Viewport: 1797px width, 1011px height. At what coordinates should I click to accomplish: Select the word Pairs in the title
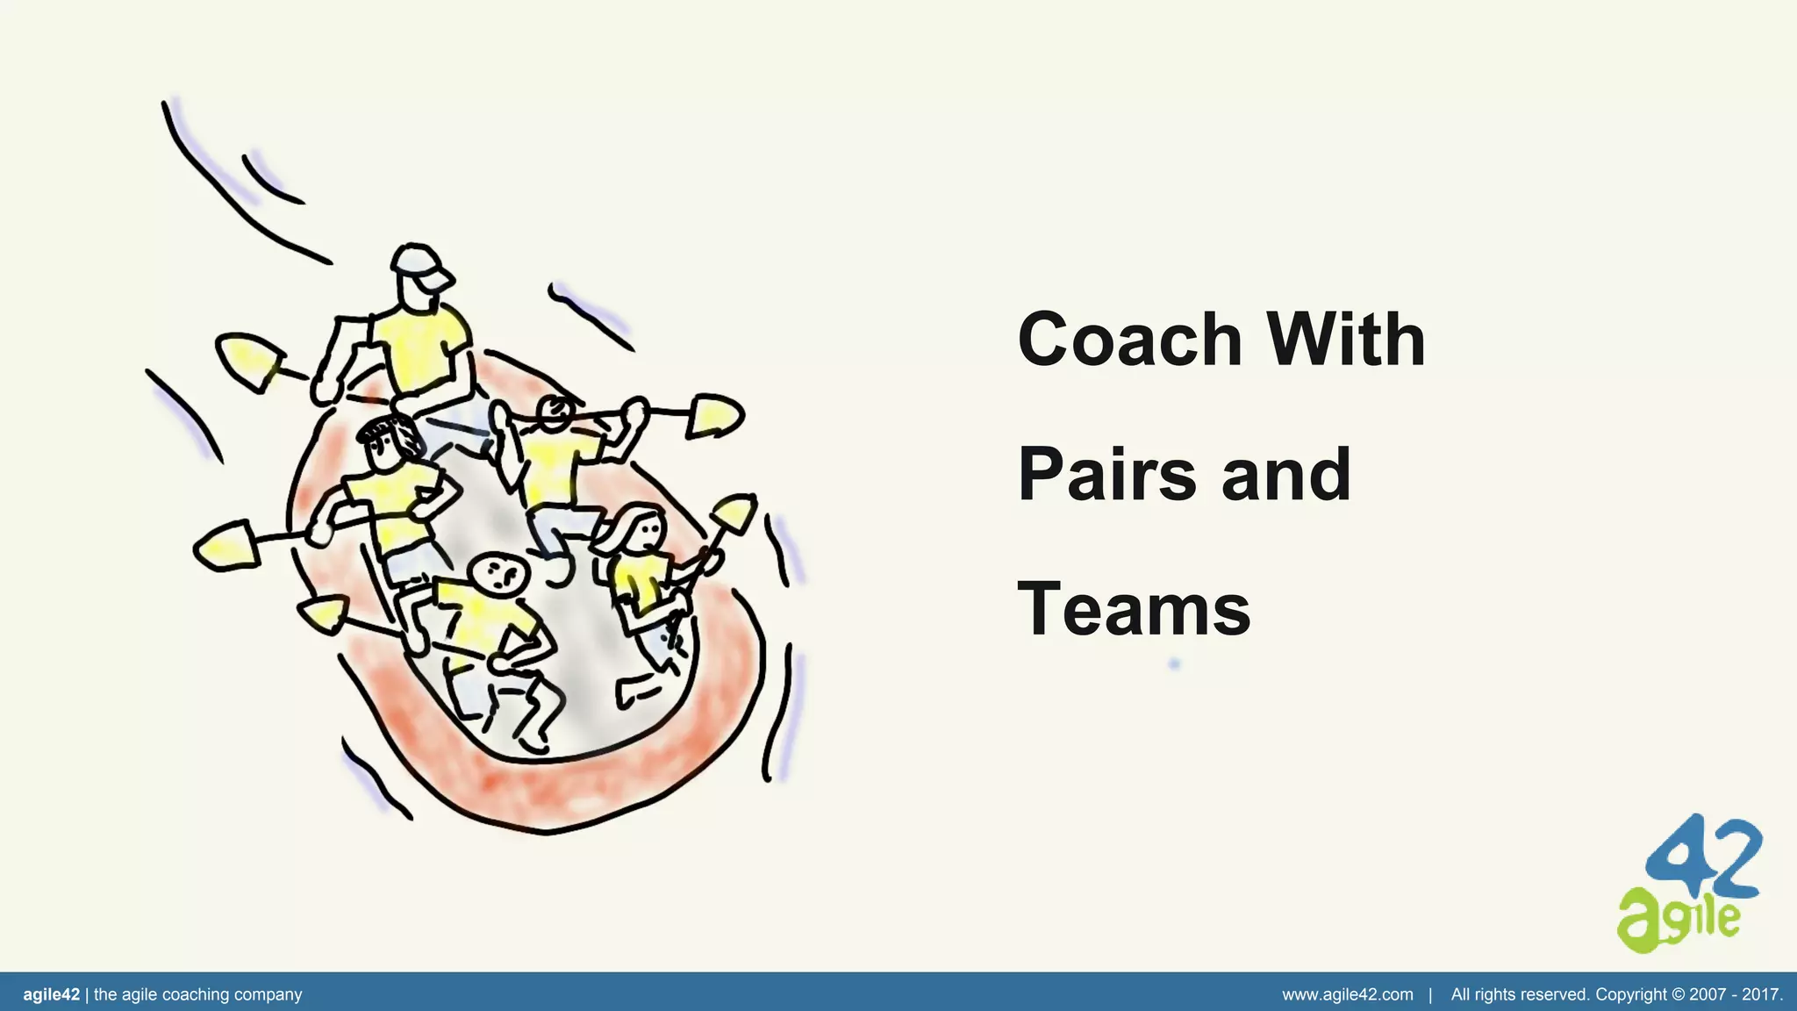tap(1107, 475)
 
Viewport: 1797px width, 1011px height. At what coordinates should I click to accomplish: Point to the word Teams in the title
tap(1134, 610)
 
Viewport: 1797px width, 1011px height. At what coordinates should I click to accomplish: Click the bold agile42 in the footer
tap(51, 994)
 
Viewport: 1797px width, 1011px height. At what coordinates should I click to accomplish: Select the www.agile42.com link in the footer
tap(1348, 994)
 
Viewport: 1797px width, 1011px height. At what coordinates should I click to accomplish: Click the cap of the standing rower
tap(419, 263)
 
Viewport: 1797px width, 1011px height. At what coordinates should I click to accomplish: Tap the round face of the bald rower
tap(498, 574)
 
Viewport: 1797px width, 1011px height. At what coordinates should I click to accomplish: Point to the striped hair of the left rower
tap(388, 430)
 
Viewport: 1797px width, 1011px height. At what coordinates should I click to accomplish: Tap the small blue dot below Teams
tap(1175, 663)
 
